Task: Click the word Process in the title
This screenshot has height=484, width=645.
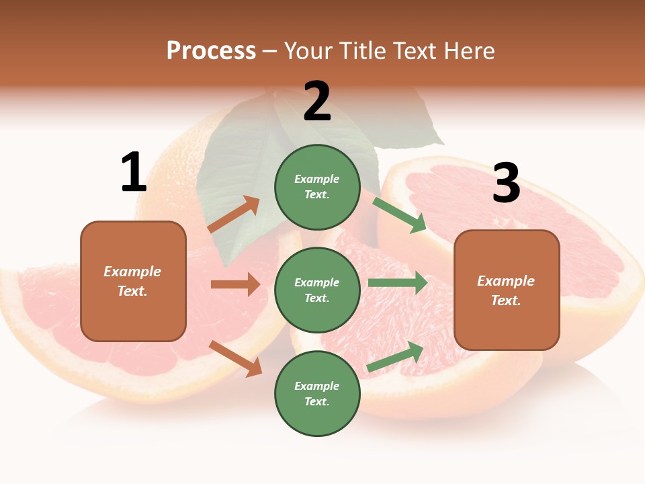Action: [x=211, y=50]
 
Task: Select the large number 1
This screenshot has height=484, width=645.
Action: [x=133, y=173]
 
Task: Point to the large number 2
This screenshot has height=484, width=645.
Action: [x=317, y=102]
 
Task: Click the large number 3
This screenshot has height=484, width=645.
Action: [x=506, y=183]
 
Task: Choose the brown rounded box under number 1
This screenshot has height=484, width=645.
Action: [x=133, y=281]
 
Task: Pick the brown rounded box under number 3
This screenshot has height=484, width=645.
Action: [x=507, y=290]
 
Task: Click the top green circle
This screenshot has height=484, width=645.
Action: [x=317, y=187]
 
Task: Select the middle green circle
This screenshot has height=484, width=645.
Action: [x=317, y=290]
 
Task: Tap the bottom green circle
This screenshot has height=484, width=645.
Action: [x=317, y=394]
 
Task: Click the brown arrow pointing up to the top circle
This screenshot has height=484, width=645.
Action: [x=234, y=214]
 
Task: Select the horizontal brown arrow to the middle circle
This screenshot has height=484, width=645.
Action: [x=235, y=284]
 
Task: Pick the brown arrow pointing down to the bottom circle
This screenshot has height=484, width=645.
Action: [x=235, y=358]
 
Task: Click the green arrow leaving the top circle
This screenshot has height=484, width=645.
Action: [x=399, y=215]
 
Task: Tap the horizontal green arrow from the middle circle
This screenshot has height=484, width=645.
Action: [x=398, y=282]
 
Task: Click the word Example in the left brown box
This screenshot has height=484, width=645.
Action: [x=132, y=272]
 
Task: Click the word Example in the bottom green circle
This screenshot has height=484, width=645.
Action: [x=317, y=386]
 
